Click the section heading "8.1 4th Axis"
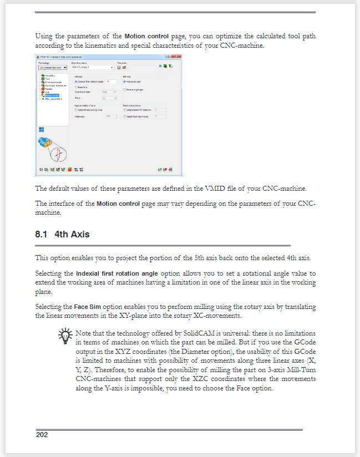point(62,234)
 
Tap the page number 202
point(42,434)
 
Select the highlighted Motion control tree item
point(52,95)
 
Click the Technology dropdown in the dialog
point(53,67)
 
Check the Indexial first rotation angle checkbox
point(76,82)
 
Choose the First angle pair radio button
point(124,82)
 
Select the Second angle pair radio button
point(124,89)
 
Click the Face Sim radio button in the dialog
point(76,87)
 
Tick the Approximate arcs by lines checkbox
point(76,110)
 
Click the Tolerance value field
point(110,116)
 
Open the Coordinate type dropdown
point(109,92)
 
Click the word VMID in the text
point(217,188)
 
